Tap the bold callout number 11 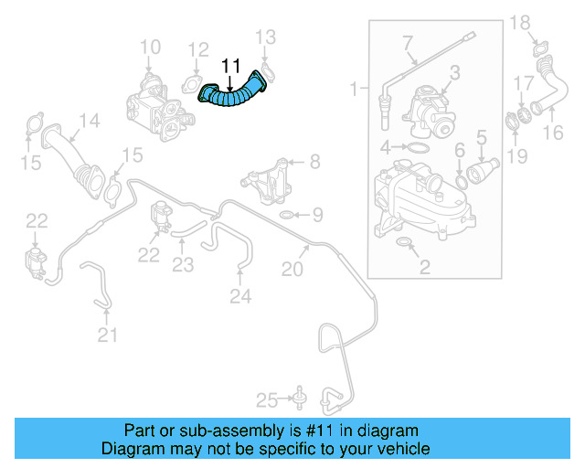230,66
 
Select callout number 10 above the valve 150,47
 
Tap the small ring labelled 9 286,216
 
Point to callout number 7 408,41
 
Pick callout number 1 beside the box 355,89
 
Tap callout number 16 554,133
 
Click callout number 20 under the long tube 292,269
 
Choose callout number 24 239,295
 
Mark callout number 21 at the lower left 109,335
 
